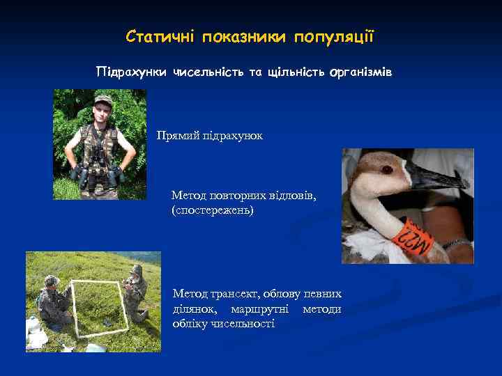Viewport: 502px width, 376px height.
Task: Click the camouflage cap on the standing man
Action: coord(103,100)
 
